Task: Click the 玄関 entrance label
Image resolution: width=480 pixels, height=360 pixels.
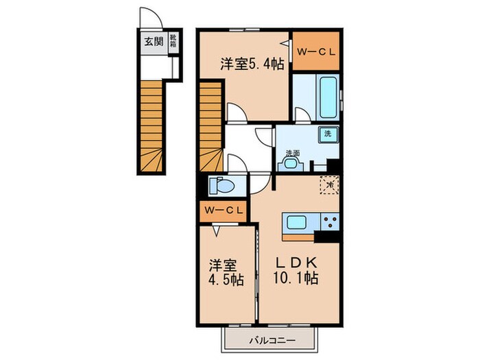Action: point(152,40)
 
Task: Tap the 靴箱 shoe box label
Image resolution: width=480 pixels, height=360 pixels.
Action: point(173,40)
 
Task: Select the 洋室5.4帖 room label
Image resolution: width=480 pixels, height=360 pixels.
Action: point(252,65)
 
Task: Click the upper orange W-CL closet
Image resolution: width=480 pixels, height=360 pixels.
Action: point(316,50)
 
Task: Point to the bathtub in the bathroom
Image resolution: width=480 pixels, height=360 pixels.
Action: point(326,95)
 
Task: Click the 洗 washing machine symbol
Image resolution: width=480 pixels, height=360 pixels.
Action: point(328,134)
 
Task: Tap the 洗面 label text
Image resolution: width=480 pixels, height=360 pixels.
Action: point(293,153)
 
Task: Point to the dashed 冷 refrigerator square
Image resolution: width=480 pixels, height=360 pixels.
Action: point(329,184)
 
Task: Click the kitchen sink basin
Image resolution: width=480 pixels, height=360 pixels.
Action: point(298,222)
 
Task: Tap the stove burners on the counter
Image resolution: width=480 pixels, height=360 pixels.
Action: point(330,222)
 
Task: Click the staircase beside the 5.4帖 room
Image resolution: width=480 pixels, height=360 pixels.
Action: point(212,123)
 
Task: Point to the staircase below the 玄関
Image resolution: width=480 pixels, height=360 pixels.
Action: point(152,123)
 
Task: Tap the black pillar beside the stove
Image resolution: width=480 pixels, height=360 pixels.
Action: point(328,237)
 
